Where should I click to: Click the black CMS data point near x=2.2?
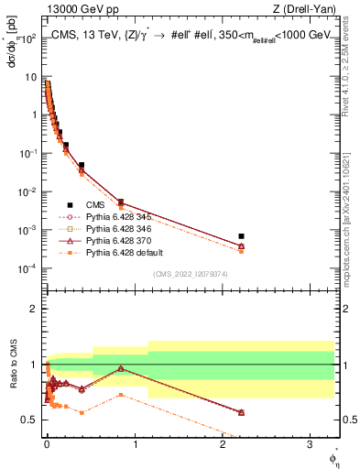coord(241,236)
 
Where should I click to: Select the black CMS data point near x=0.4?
coord(82,165)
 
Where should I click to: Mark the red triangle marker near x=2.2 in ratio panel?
coord(241,412)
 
